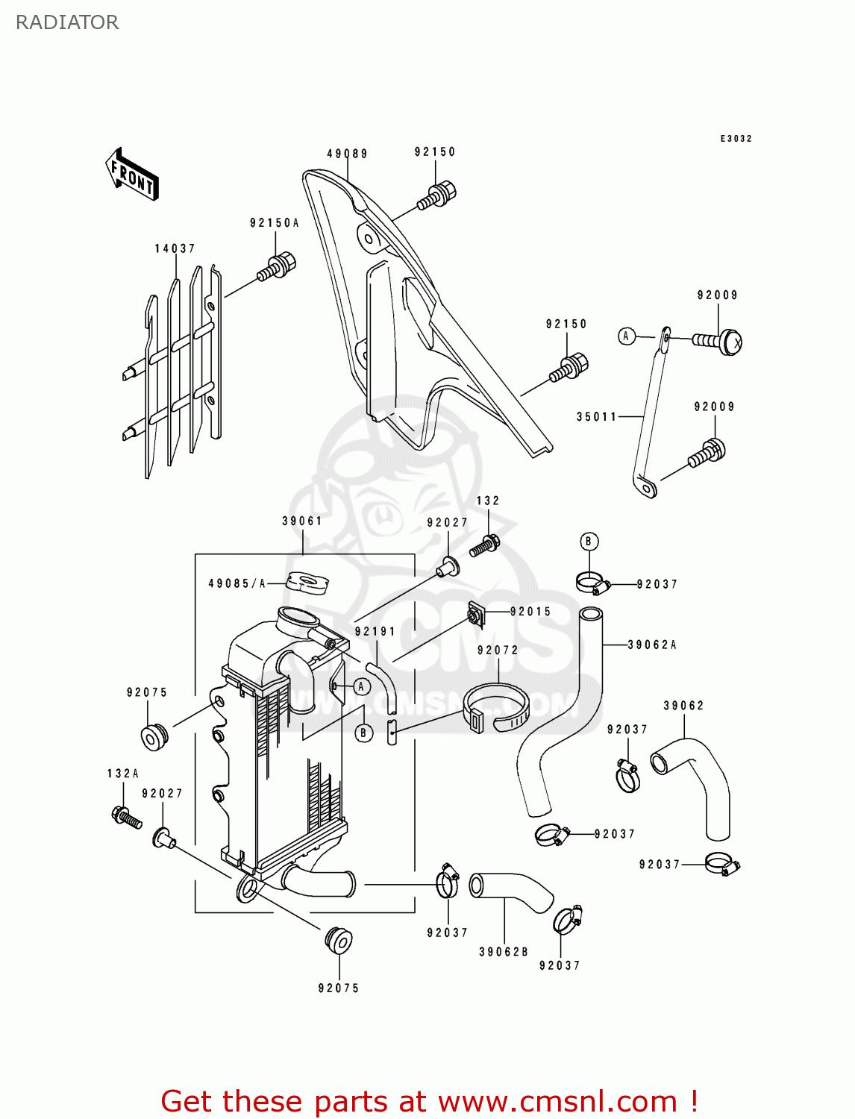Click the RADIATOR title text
pos(67,22)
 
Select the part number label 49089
pos(347,154)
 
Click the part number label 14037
pos(175,248)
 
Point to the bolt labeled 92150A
pos(277,267)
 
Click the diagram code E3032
pos(736,139)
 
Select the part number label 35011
pos(596,417)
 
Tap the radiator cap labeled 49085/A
pos(307,583)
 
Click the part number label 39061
pos(302,521)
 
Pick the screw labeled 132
pos(484,546)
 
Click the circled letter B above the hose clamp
pos(589,542)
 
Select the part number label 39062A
pos(652,645)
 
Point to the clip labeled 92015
pos(475,613)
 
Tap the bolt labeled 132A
pos(125,818)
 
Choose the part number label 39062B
pos(504,952)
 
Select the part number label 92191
pos(375,631)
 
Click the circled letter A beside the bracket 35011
pos(626,336)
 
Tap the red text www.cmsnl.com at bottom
pos(557,1101)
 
